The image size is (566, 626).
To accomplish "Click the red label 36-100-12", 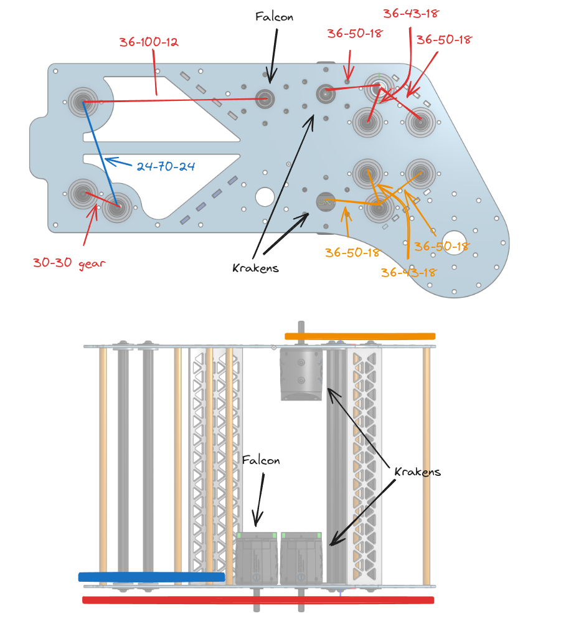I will (x=149, y=42).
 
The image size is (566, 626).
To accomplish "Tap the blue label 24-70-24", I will (x=166, y=166).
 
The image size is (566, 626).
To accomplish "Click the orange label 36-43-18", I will (x=408, y=272).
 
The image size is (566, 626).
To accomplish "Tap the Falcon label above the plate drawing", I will (x=274, y=16).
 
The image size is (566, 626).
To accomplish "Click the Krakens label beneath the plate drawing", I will (x=255, y=268).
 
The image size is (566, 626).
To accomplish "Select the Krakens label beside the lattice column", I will (x=418, y=472).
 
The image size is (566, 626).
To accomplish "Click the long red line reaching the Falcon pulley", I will (x=174, y=100).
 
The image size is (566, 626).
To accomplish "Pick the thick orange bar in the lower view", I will (x=359, y=336).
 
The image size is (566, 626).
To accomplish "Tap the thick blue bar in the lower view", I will (x=151, y=577).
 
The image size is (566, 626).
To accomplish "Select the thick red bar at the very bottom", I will (x=258, y=600).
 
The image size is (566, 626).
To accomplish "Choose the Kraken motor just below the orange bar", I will (x=301, y=374).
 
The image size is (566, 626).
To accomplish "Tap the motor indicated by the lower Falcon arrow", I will (x=257, y=558).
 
